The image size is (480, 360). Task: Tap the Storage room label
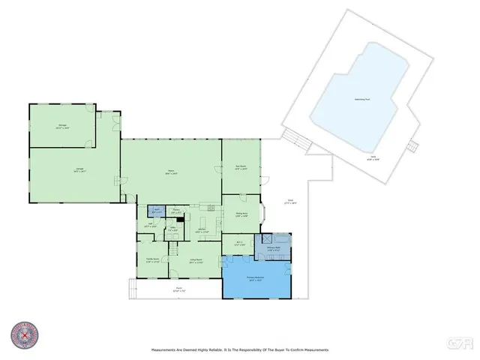[62, 126]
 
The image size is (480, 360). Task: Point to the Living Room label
[196, 262]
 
